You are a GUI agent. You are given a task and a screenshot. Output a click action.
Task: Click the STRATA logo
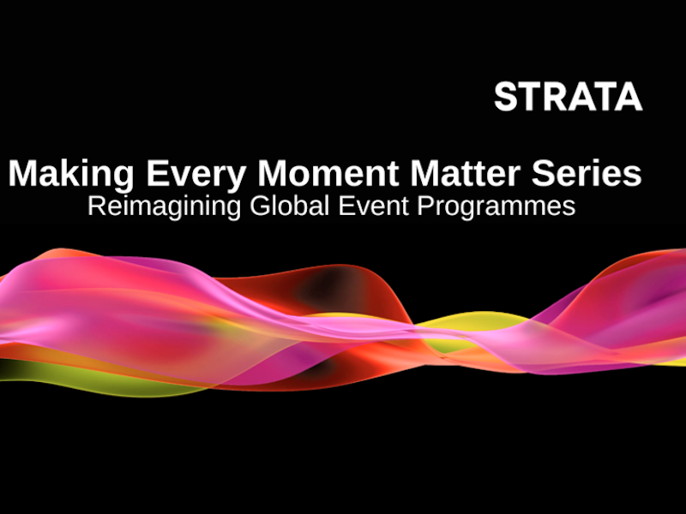(x=568, y=97)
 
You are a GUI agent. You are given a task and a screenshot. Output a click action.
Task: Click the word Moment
(x=328, y=174)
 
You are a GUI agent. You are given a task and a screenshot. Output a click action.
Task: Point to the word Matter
(x=465, y=174)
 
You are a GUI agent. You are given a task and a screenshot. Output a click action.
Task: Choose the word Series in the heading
(x=587, y=174)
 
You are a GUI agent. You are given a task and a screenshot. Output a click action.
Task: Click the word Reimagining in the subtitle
(x=165, y=206)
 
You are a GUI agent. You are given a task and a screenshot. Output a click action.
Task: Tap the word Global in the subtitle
(x=289, y=206)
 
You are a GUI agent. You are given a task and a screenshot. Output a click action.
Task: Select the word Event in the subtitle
(x=374, y=206)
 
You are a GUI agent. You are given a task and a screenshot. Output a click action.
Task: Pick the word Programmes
(x=496, y=207)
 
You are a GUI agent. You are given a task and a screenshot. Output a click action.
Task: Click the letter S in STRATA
(x=506, y=97)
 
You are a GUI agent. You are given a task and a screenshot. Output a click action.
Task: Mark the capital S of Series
(x=544, y=174)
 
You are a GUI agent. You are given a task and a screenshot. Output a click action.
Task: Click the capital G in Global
(x=260, y=206)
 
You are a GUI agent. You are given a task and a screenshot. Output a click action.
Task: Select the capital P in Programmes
(x=425, y=206)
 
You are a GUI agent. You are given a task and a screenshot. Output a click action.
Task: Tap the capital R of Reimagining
(x=97, y=206)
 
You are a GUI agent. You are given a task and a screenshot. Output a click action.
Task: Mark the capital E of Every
(x=158, y=174)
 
